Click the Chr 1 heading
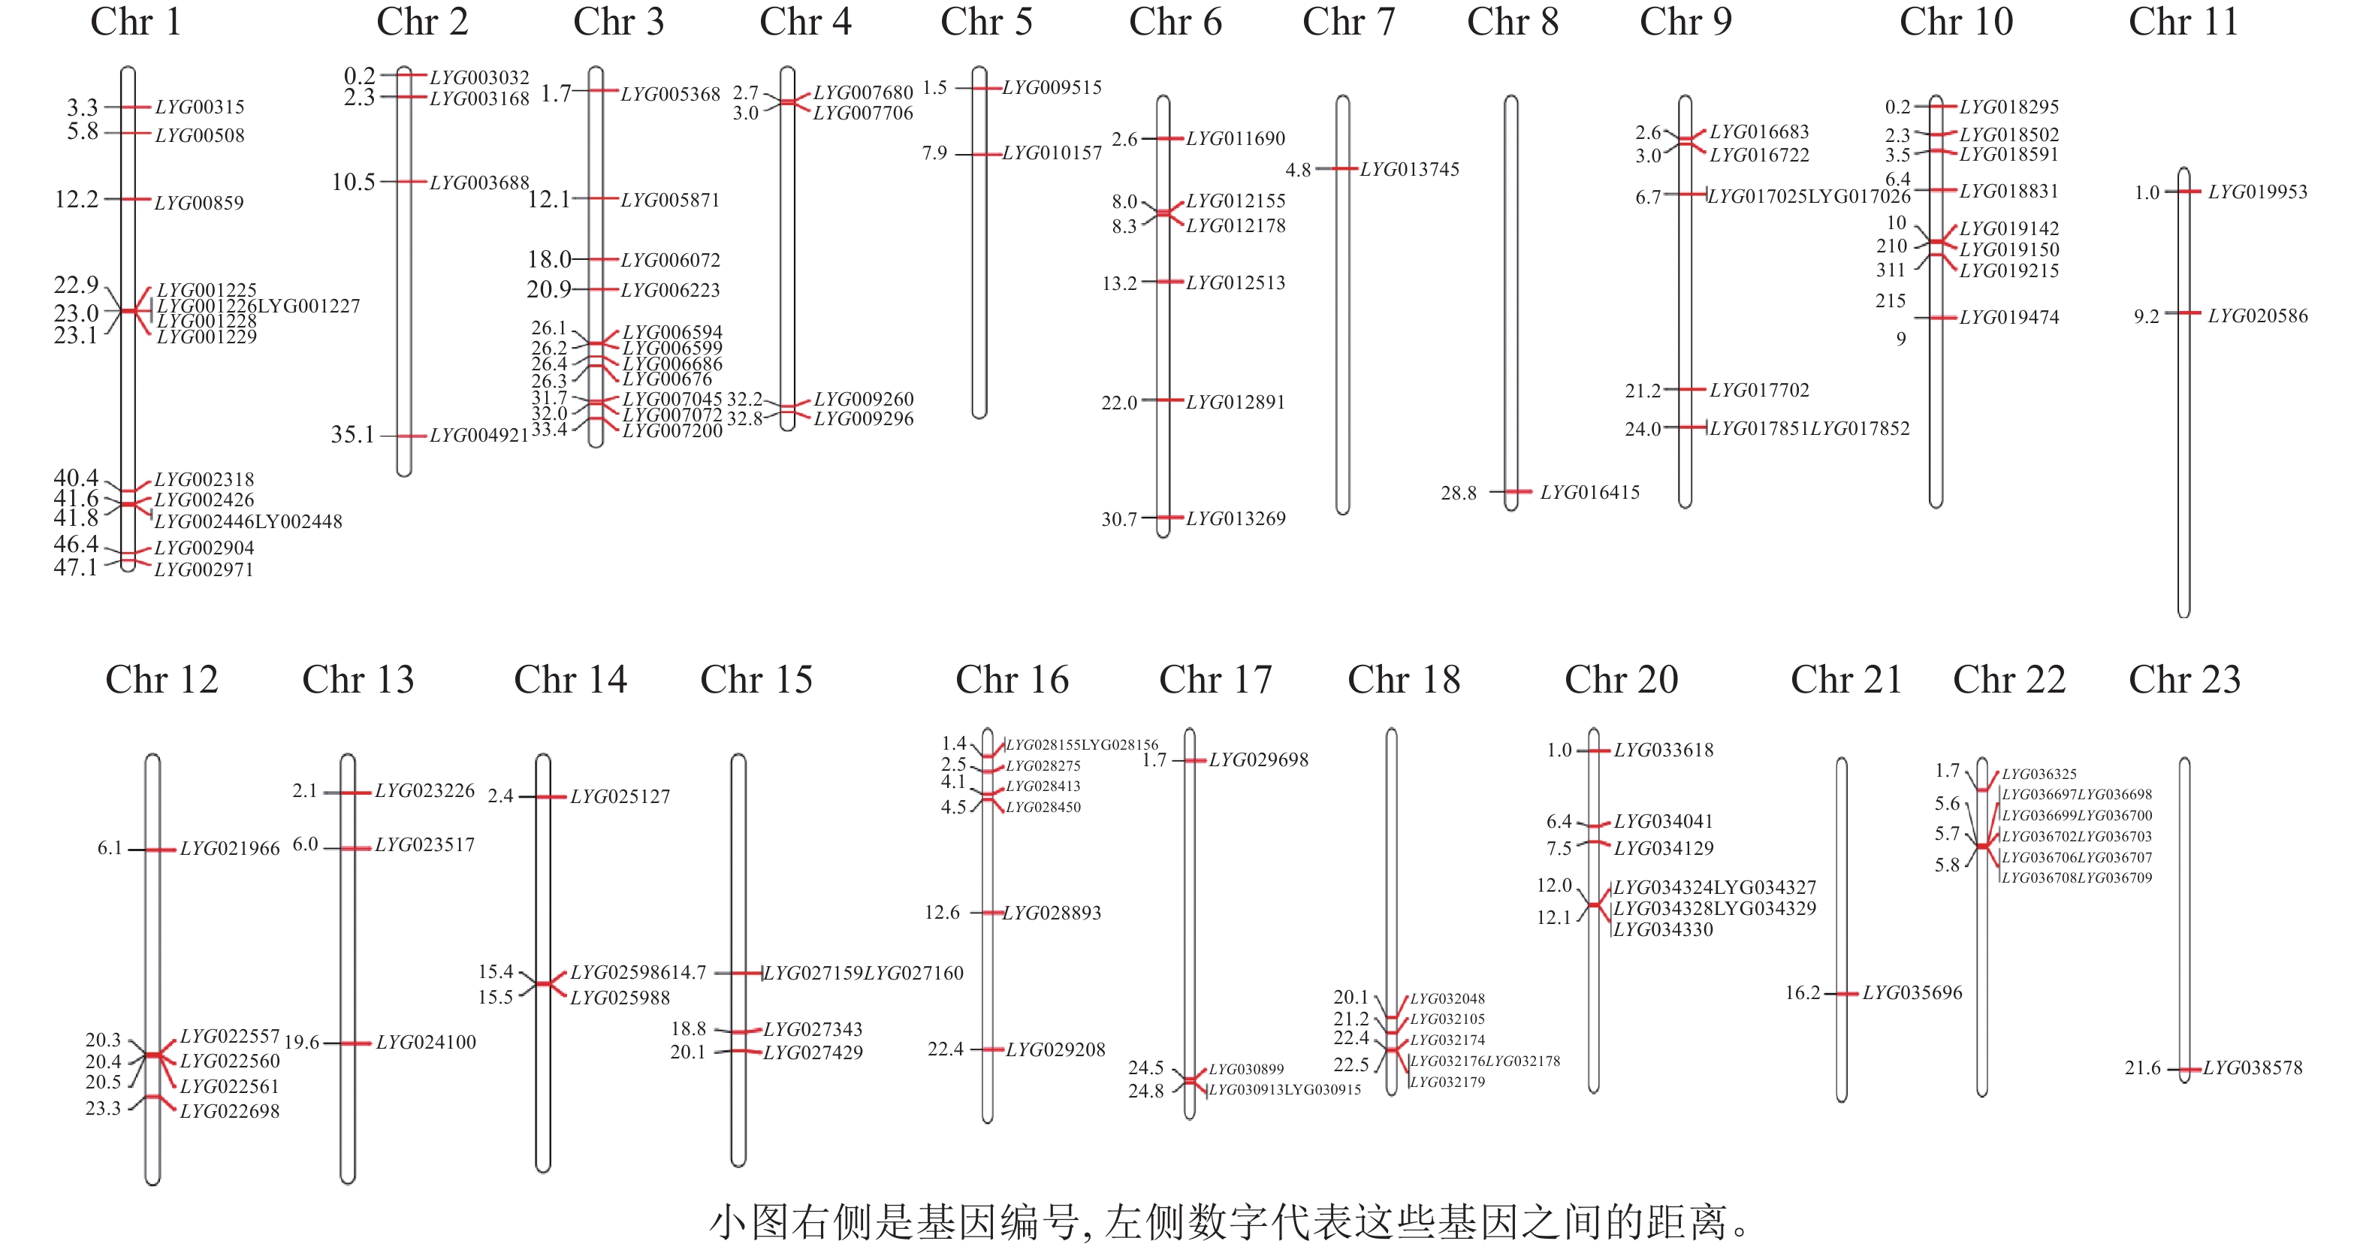click(x=136, y=22)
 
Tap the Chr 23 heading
click(x=2185, y=680)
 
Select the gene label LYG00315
click(x=199, y=107)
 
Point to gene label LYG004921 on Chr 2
click(x=478, y=436)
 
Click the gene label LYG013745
click(x=1409, y=169)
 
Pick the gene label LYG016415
click(x=1590, y=492)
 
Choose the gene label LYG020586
click(x=2258, y=316)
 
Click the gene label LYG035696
click(x=1912, y=993)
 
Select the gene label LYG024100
click(x=426, y=1043)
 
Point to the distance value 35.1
click(x=353, y=434)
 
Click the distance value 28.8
click(x=1459, y=494)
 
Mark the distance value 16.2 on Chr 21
click(x=1802, y=993)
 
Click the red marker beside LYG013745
click(x=1343, y=169)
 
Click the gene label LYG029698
click(x=1258, y=760)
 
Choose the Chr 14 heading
click(x=570, y=680)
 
